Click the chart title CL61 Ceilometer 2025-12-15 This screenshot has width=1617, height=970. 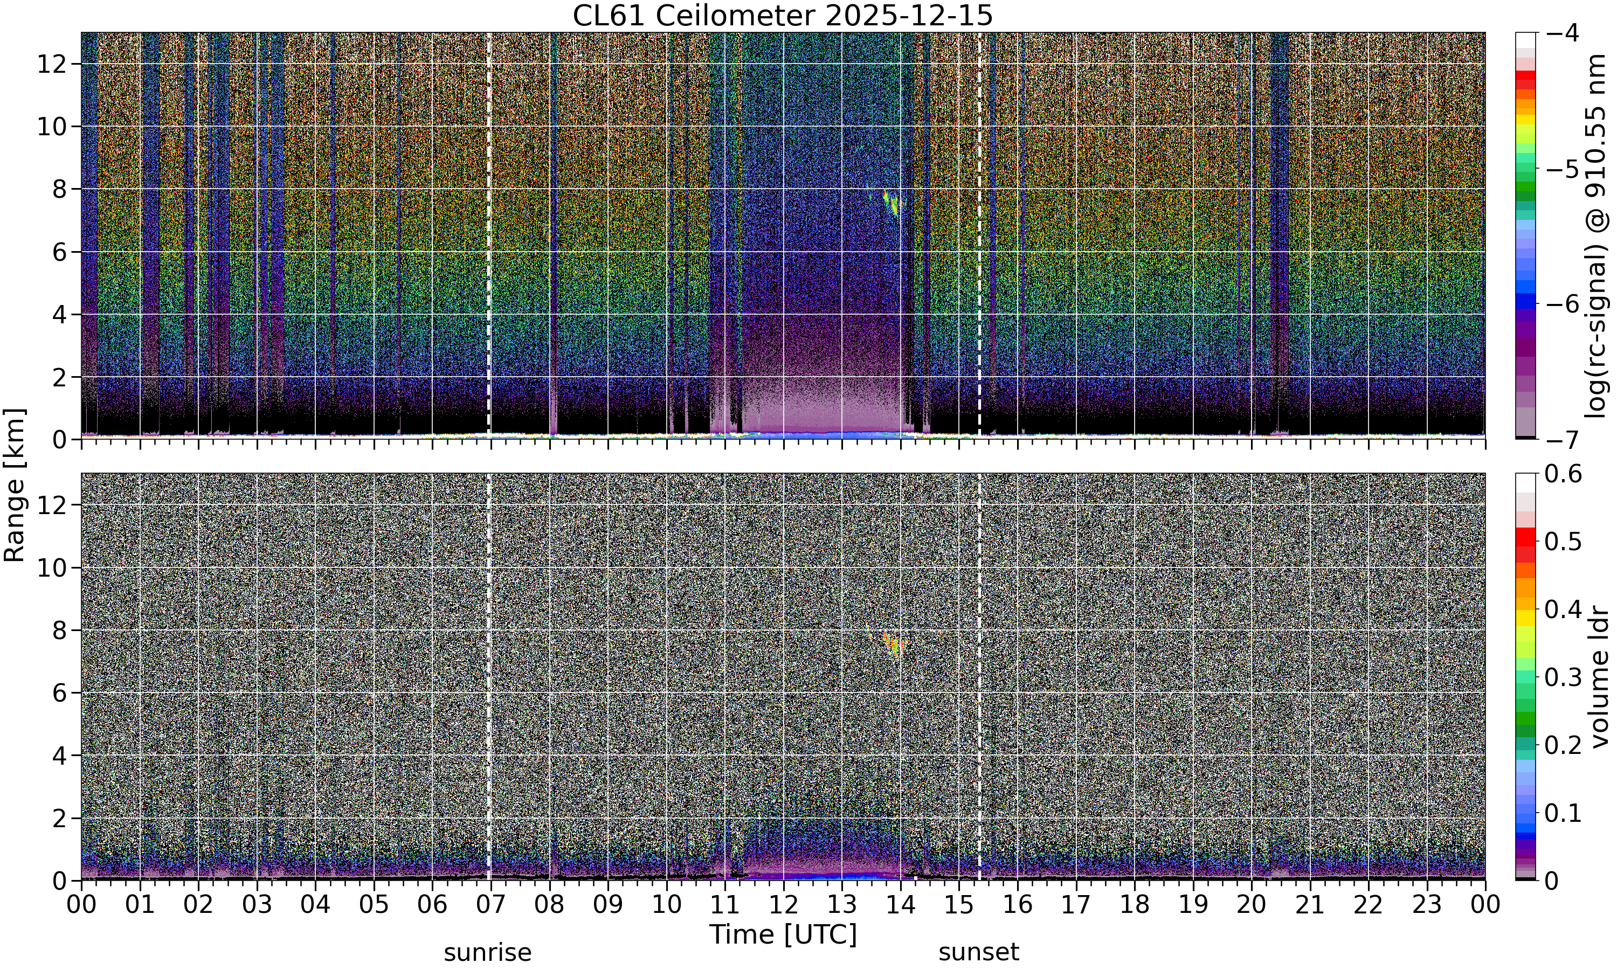pos(782,16)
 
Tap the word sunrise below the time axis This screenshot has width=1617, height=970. pos(488,952)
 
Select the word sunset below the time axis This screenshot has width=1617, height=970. pos(978,952)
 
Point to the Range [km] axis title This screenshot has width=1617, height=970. pos(15,486)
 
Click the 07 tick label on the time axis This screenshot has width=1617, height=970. pos(490,905)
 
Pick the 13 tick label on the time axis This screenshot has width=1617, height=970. pos(842,905)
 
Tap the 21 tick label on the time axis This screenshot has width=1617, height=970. pos(1310,905)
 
